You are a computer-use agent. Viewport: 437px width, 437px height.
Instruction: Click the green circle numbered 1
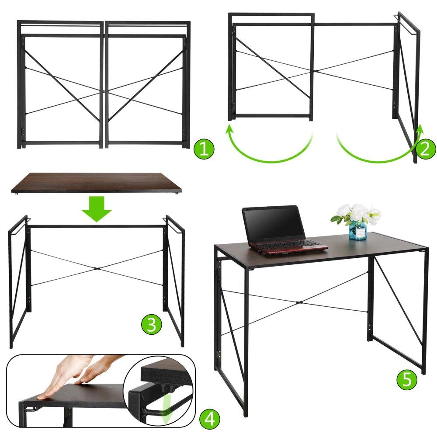204,149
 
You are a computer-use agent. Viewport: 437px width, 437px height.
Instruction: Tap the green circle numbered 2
426,149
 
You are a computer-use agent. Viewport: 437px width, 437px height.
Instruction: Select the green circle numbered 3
152,324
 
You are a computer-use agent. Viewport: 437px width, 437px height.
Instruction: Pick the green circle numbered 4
210,419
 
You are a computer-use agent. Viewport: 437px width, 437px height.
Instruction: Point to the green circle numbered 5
407,379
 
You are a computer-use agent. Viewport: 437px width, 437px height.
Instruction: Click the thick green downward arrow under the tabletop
97,209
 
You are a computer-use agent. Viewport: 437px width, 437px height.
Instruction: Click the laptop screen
274,223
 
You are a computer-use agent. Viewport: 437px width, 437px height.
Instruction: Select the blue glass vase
357,230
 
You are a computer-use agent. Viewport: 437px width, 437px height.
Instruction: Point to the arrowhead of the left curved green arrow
229,130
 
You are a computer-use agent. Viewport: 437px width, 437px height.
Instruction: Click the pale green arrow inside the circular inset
167,410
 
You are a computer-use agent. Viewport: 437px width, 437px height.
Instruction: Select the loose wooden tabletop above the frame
97,182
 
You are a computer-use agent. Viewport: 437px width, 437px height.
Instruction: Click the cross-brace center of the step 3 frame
97,268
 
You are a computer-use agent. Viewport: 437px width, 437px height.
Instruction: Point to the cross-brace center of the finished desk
300,302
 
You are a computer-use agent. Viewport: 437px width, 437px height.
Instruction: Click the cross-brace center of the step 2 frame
316,71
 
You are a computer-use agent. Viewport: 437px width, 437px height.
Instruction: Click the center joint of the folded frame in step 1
104,91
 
